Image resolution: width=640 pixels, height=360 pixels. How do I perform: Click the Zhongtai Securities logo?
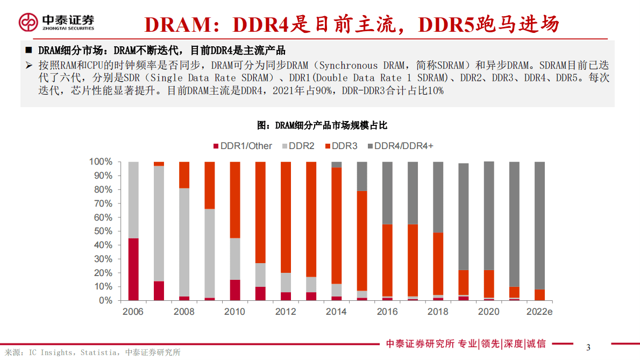click(56, 22)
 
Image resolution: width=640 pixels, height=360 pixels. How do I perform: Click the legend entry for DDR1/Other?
click(243, 146)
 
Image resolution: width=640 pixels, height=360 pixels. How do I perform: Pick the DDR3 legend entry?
click(341, 146)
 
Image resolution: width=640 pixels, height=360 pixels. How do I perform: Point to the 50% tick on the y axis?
click(101, 231)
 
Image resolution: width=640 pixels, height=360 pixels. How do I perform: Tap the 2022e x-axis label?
click(539, 312)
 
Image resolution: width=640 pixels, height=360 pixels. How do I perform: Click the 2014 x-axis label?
click(336, 312)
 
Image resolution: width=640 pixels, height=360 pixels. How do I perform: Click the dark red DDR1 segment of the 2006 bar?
click(133, 269)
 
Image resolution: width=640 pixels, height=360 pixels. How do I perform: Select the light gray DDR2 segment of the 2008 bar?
click(184, 242)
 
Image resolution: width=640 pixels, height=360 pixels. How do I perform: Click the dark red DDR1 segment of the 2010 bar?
click(235, 290)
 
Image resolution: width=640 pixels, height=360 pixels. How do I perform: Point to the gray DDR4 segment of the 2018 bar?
click(438, 197)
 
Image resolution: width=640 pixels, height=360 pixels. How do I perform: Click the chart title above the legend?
click(322, 125)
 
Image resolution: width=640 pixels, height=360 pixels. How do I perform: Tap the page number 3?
click(588, 347)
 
